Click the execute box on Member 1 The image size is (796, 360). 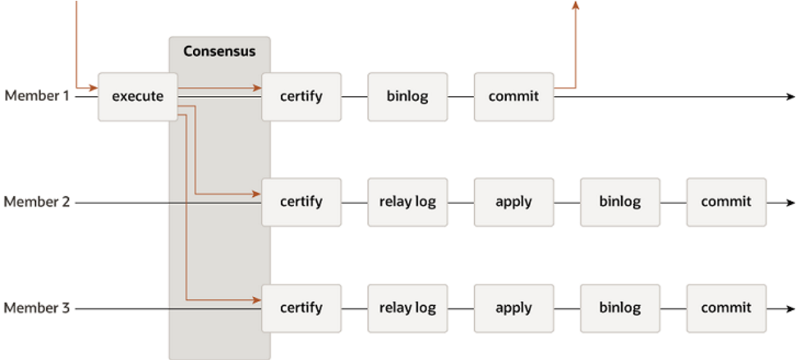coord(138,97)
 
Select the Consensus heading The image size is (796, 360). coord(219,52)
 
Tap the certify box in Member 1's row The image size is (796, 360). coord(301,97)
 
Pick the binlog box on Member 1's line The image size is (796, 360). coord(408,97)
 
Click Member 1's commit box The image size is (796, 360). coord(514,97)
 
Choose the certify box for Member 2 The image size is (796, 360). coord(301,202)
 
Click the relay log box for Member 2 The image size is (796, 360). coord(408,202)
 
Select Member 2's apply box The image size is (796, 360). coord(514,202)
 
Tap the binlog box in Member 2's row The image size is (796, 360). coord(620,202)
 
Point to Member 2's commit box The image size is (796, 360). coord(726,202)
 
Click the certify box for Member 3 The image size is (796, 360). coord(301,308)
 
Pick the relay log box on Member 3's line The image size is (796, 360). coord(408,308)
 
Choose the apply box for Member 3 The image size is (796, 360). coord(514,308)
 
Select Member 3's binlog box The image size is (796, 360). coord(620,308)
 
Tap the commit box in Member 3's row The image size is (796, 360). coord(726,308)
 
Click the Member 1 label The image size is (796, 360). coord(37,96)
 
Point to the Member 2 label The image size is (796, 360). coord(37,202)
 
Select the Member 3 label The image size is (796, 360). coord(37,308)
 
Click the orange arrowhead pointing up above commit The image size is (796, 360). coord(575,4)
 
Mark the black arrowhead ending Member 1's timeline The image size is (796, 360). coord(790,97)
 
